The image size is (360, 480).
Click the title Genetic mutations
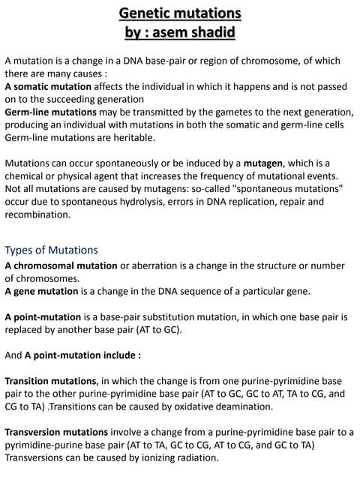click(x=180, y=13)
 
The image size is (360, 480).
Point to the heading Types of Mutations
click(x=51, y=250)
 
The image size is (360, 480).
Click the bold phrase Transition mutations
click(x=51, y=380)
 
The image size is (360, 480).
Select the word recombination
click(x=37, y=214)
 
